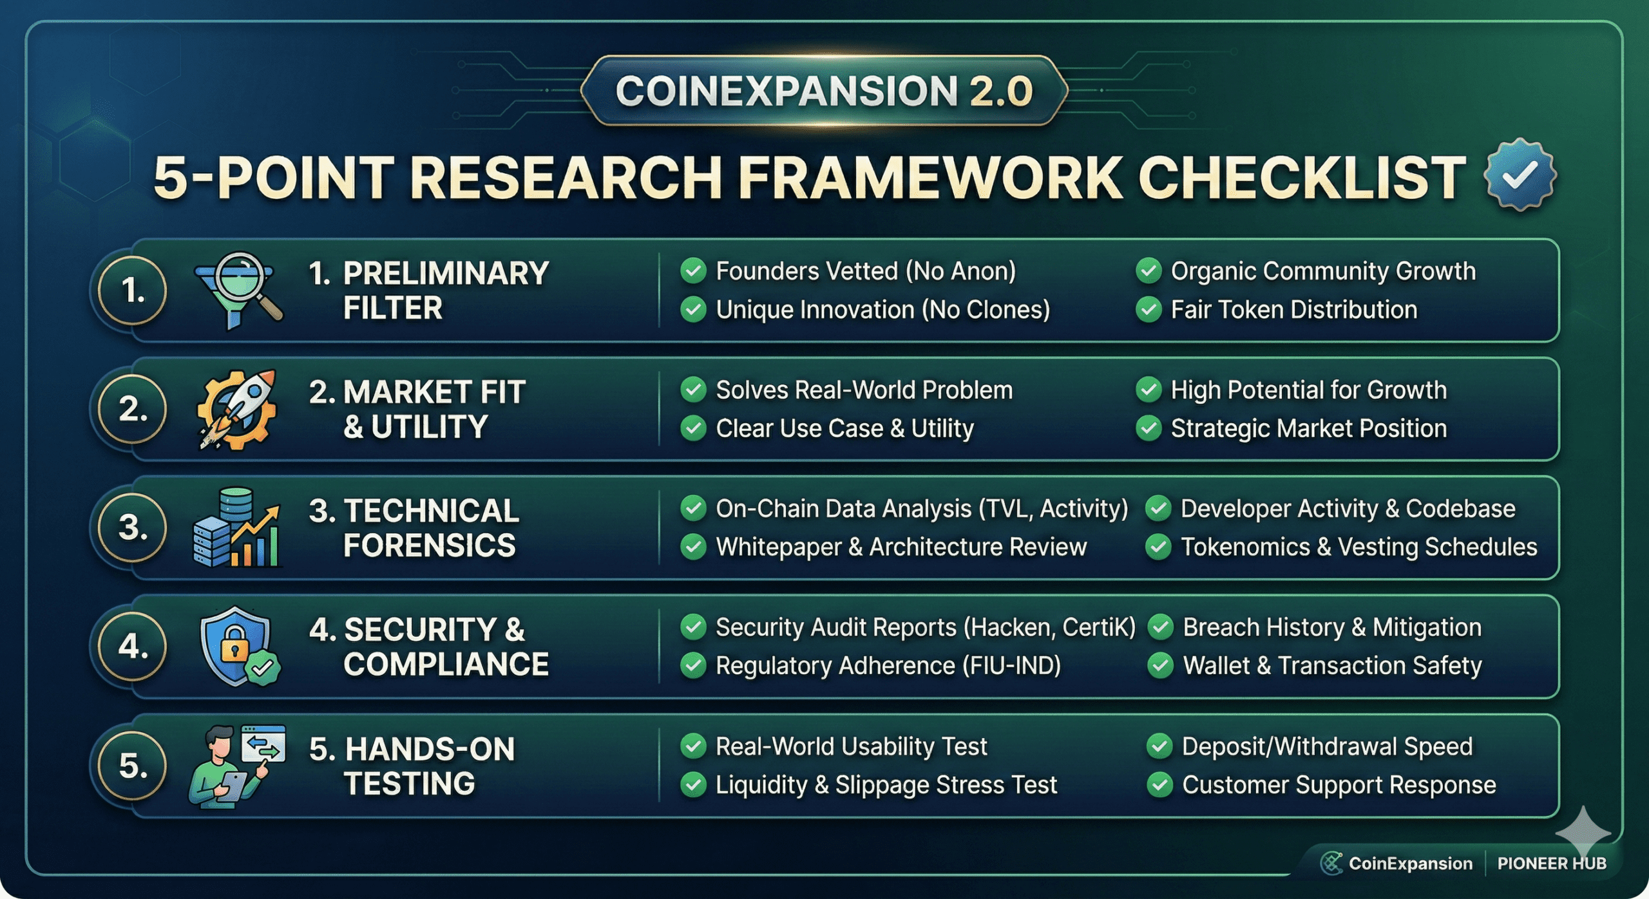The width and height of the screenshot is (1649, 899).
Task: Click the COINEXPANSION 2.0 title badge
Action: click(824, 90)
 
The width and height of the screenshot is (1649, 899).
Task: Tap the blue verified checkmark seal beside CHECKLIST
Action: click(1520, 175)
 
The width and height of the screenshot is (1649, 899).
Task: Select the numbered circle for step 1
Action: click(133, 290)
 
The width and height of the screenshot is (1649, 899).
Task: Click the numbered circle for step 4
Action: click(133, 646)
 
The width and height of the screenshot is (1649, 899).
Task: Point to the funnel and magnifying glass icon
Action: click(239, 290)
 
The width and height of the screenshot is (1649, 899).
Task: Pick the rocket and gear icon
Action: click(237, 409)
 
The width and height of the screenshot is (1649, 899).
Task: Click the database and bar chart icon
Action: click(237, 527)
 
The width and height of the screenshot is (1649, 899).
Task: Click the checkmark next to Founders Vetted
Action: click(693, 270)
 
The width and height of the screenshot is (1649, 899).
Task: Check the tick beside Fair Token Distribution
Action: click(1149, 309)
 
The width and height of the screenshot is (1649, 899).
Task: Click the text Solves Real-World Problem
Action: click(864, 390)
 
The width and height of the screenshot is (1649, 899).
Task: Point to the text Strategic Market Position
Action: click(1308, 429)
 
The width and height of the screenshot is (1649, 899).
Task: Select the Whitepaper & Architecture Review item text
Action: click(901, 547)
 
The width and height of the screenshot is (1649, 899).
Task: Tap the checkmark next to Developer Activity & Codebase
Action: click(1158, 508)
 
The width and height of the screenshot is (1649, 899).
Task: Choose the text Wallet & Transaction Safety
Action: click(1332, 666)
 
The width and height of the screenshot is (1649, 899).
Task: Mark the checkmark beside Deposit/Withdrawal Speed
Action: click(1159, 746)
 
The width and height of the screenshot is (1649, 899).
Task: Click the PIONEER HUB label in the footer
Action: click(1552, 864)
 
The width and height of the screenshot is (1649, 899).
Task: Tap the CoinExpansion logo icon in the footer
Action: click(1331, 863)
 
